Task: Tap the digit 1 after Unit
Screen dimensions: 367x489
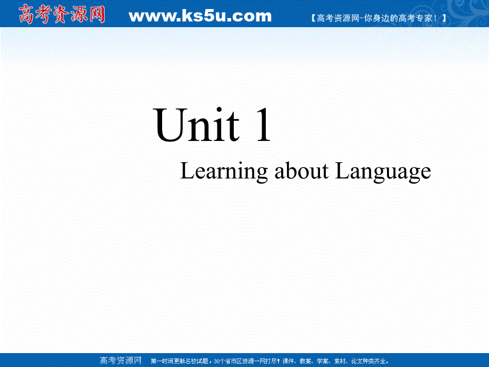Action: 263,127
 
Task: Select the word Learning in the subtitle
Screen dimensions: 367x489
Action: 224,172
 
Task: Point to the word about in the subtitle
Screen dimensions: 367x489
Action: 301,171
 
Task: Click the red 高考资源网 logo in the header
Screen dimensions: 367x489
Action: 63,14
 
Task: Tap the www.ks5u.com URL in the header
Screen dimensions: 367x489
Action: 200,16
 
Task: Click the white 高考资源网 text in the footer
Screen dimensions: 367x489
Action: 121,360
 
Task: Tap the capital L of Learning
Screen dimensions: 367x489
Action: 187,171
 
